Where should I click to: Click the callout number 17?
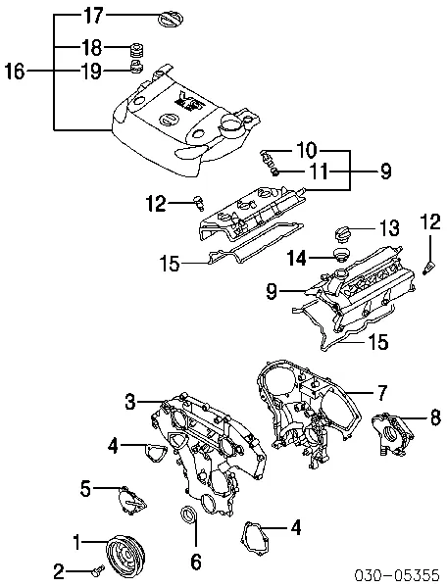(92, 16)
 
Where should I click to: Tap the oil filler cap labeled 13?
(343, 233)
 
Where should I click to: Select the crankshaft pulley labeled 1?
(124, 555)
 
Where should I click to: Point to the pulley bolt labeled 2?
(97, 571)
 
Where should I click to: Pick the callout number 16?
(15, 71)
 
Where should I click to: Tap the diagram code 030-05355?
(397, 574)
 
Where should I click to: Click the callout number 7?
(380, 393)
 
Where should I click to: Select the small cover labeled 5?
(132, 502)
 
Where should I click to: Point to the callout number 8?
(435, 417)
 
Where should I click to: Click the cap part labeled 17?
(171, 20)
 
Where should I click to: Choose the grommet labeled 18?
(137, 49)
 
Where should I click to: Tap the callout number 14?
(297, 258)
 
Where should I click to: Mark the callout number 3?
(130, 402)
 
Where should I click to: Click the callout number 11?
(319, 172)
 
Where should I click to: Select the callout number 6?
(196, 562)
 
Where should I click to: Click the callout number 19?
(91, 71)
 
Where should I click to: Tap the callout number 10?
(307, 150)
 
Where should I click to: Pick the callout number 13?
(389, 228)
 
